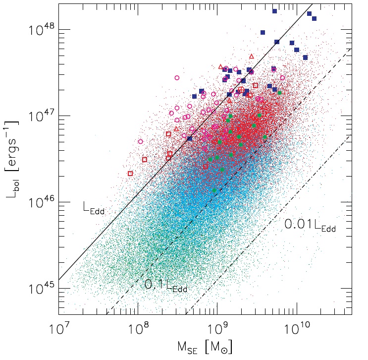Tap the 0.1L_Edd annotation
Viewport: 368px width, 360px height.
click(165, 285)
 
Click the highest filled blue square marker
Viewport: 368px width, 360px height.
click(275, 11)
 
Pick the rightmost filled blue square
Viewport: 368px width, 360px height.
click(314, 19)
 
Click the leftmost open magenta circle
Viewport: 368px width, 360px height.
click(140, 141)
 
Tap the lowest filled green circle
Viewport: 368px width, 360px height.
click(214, 190)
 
